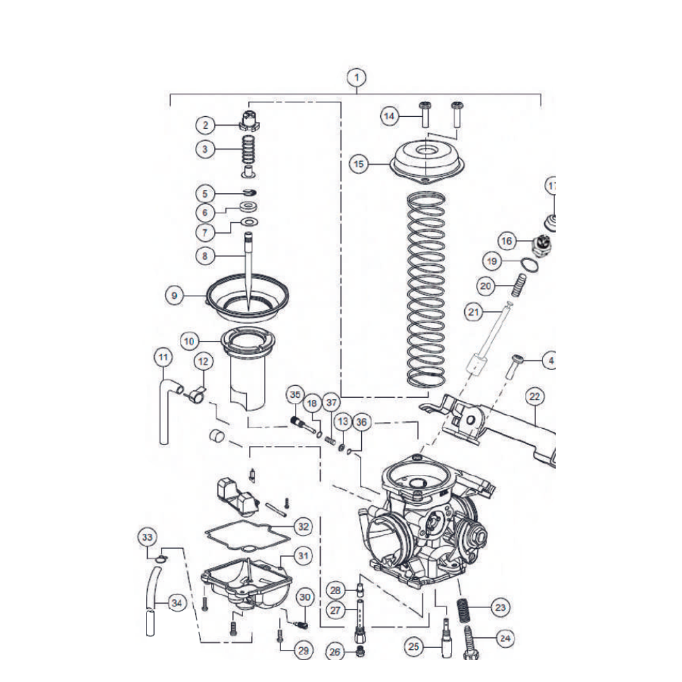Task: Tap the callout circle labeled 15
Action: [x=359, y=164]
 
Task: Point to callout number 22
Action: [x=535, y=397]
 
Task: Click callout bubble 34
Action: [x=177, y=603]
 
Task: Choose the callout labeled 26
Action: [x=335, y=651]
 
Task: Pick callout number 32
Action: [x=303, y=525]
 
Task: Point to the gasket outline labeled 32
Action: [x=246, y=533]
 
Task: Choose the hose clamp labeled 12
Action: [x=196, y=397]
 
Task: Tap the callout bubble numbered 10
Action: [x=189, y=341]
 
